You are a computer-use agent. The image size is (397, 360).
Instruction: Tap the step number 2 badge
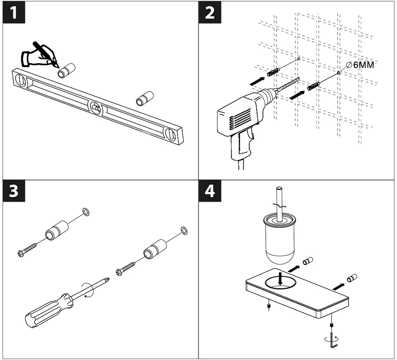coord(210,13)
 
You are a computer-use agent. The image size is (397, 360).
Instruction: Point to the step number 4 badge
coord(210,191)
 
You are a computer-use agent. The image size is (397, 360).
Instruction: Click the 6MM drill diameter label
coord(362,65)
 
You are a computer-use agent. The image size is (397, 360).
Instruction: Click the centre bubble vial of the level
coord(95,107)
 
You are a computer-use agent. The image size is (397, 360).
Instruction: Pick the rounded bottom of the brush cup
coord(280,257)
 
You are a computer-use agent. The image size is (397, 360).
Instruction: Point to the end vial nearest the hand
coord(21,80)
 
